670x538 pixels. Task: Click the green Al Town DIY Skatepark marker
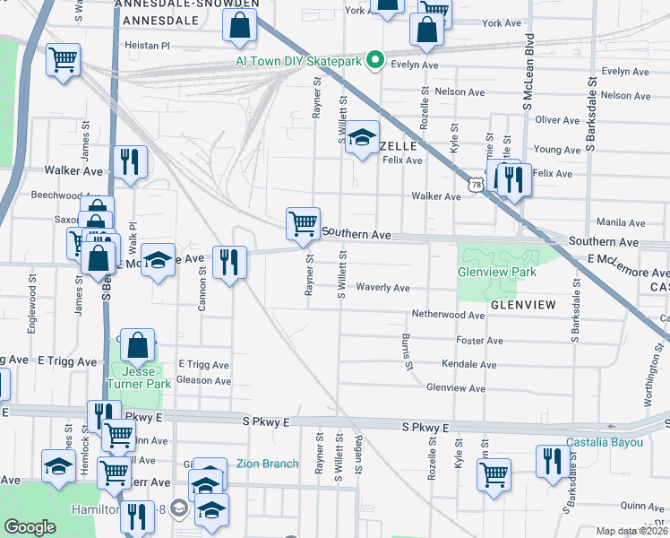[x=377, y=61]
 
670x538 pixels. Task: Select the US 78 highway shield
[x=475, y=184]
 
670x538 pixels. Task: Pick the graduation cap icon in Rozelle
[x=362, y=138]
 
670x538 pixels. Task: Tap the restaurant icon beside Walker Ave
[x=131, y=163]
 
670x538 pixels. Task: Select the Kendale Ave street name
[x=468, y=365]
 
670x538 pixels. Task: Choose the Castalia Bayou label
[x=605, y=442]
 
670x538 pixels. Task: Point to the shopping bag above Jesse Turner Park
[x=138, y=346]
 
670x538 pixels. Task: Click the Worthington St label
[x=661, y=345]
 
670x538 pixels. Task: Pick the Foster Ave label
[x=480, y=341]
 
